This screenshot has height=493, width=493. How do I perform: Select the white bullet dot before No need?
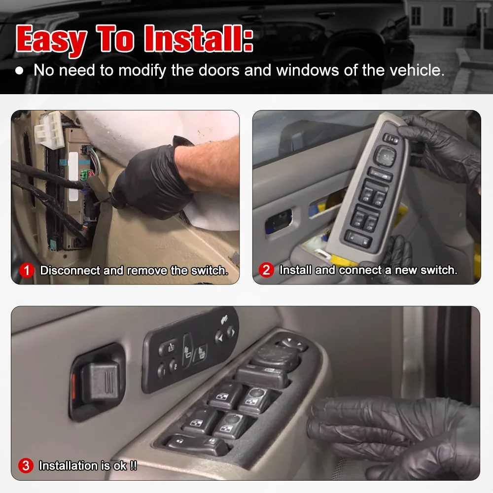[19, 70]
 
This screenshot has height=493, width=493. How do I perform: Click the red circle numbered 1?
[27, 271]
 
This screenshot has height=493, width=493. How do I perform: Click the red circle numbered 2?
[267, 270]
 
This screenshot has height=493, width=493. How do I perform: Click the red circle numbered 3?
[26, 465]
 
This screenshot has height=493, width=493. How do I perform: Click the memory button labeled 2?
[173, 366]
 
